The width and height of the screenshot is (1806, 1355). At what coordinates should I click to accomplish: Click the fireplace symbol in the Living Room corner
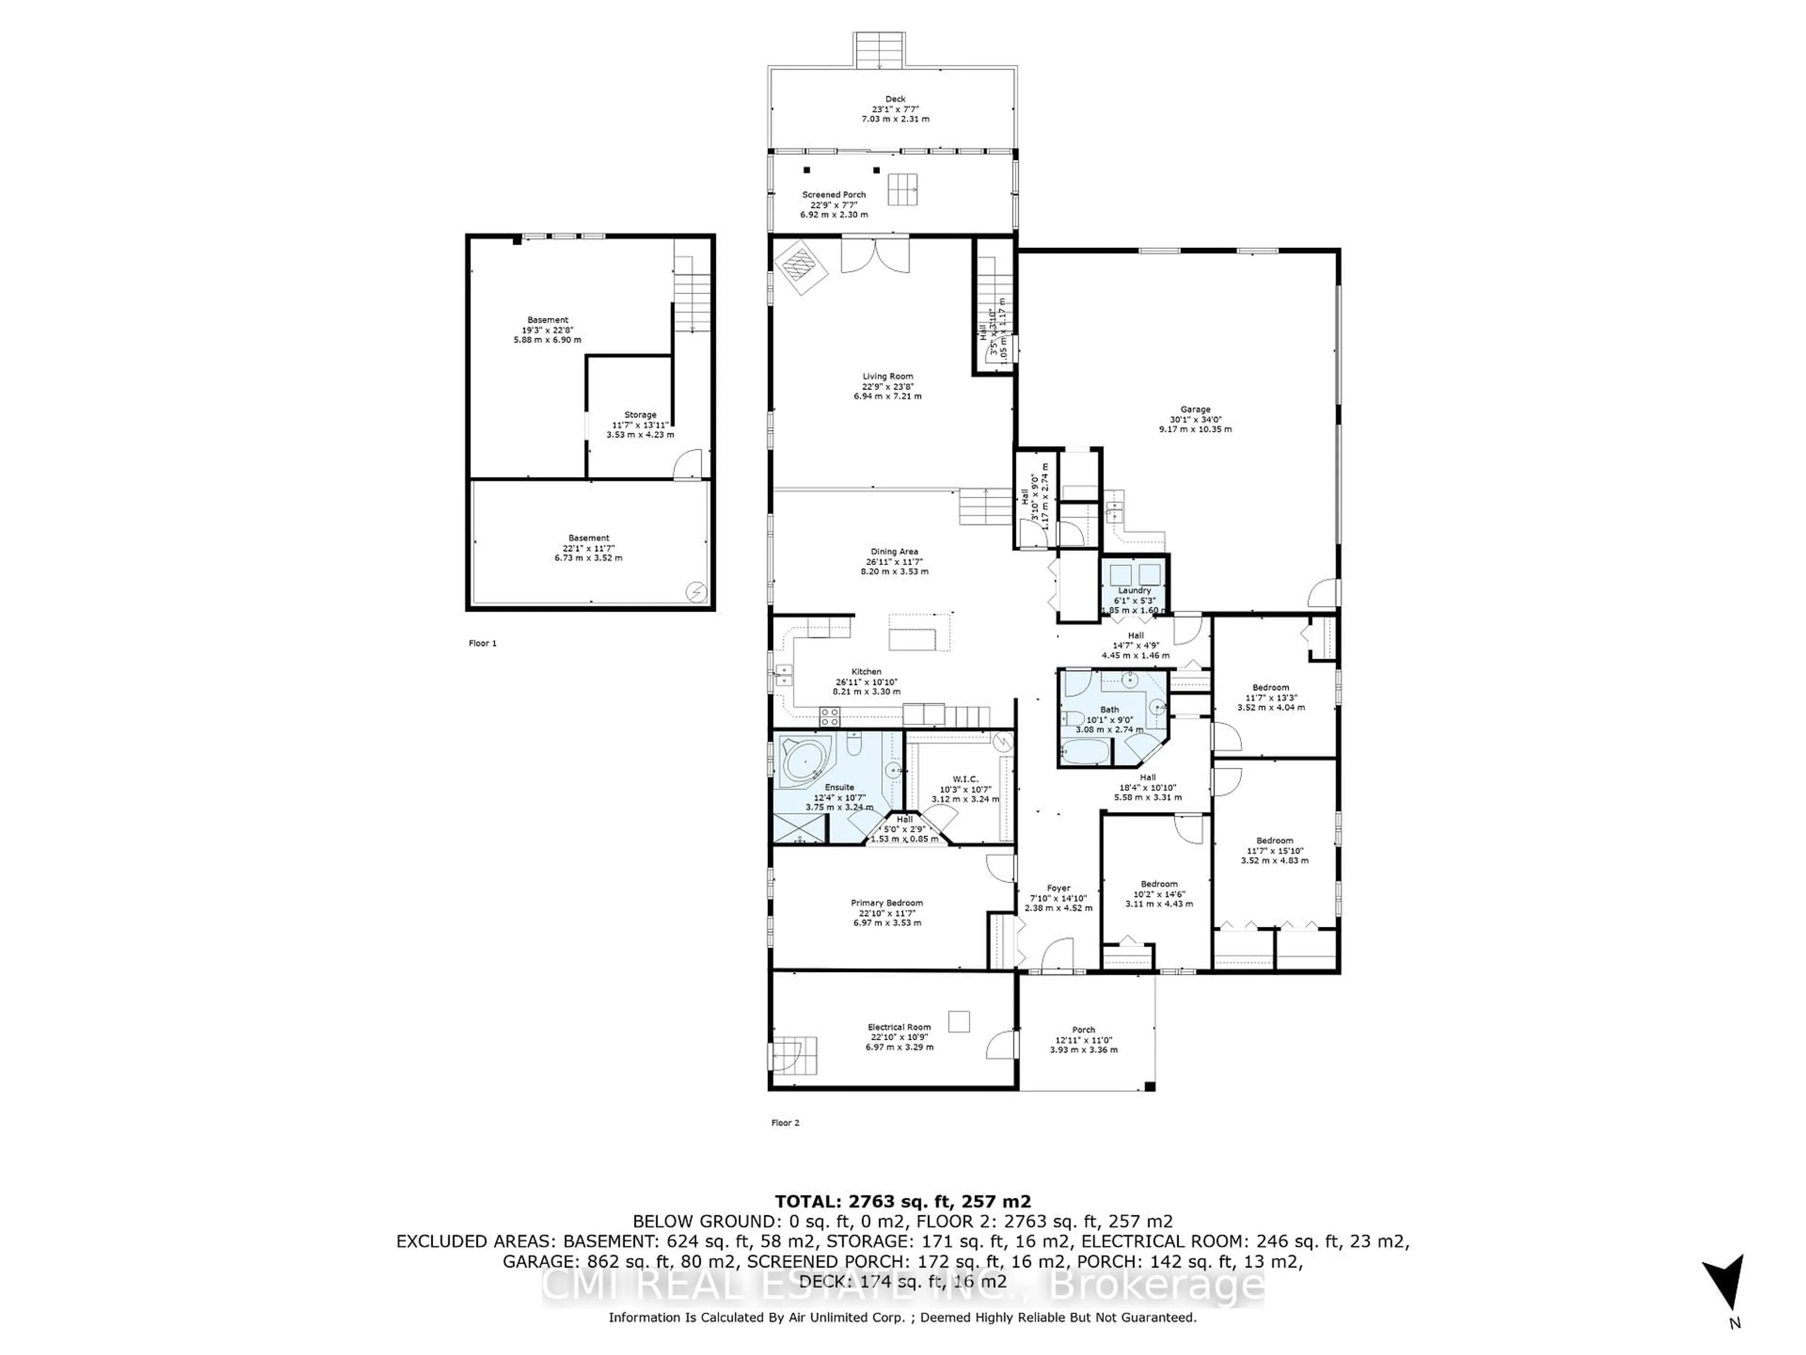coord(800,265)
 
